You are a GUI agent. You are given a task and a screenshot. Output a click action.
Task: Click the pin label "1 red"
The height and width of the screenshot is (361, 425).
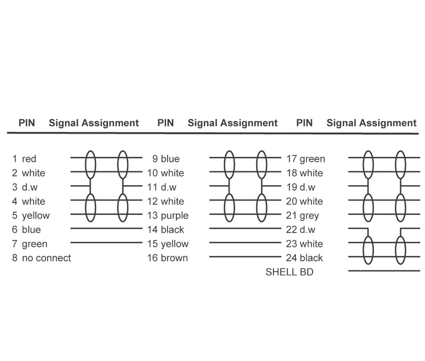24,159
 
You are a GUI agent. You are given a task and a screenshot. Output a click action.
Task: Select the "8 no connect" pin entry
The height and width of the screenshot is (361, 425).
41,258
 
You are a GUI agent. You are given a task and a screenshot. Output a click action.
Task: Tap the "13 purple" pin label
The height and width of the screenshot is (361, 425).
168,216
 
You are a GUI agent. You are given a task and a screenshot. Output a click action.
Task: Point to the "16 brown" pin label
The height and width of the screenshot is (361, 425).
167,258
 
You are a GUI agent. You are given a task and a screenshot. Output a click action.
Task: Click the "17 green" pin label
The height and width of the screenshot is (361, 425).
305,159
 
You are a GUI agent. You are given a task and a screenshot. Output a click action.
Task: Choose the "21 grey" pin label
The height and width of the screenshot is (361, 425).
302,216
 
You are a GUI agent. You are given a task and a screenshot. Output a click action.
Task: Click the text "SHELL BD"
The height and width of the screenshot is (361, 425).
290,272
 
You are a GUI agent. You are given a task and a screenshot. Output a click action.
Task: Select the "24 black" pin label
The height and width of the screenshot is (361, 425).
304,258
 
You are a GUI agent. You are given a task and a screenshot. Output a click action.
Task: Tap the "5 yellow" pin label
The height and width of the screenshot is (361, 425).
31,216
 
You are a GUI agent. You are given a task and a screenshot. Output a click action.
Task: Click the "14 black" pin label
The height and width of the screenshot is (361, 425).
166,230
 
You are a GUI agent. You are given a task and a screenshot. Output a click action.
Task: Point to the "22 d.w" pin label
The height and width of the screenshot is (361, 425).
301,230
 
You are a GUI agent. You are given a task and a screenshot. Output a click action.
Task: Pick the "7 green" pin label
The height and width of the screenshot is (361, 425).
30,244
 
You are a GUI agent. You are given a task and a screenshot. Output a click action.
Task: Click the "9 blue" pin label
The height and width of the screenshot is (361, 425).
166,159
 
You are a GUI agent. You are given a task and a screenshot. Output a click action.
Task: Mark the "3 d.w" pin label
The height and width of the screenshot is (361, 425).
24,187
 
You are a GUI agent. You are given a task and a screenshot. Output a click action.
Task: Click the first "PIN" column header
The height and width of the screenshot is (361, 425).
27,123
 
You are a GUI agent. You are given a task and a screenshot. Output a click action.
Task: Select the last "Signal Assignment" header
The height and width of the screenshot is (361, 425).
371,123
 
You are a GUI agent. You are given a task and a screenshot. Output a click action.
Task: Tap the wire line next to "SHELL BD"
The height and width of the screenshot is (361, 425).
384,271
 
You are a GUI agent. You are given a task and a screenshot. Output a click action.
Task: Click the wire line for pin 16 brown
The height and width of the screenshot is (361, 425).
245,256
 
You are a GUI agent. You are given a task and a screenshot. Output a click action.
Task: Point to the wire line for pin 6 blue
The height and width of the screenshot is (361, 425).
106,228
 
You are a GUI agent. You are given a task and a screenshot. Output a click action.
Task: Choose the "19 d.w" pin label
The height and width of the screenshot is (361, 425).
301,187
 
